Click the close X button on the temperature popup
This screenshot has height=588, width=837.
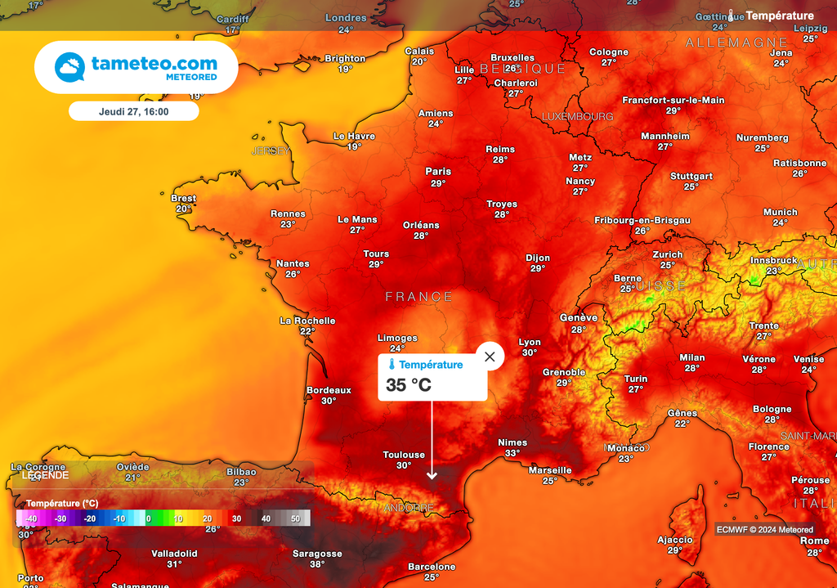pos(490,357)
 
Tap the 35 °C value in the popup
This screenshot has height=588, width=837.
pos(409,385)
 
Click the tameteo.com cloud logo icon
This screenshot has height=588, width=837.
pos(69,67)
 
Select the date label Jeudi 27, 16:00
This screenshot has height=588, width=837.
pos(133,111)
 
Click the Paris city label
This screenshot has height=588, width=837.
pos(438,172)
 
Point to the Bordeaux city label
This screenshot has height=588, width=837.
pos(329,390)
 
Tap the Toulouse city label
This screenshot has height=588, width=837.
pos(404,455)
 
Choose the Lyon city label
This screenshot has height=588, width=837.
pos(530,343)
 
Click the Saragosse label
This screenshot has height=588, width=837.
pos(317,554)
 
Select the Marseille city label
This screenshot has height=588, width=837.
pos(550,470)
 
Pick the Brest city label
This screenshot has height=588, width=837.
pos(183,198)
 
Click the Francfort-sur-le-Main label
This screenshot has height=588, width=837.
pos(674,101)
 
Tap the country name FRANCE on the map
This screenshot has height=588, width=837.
pos(418,297)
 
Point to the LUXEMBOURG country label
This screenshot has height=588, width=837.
pos(577,117)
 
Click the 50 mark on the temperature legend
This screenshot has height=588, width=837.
pos(295,518)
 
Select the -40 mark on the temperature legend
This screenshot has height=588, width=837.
pos(30,518)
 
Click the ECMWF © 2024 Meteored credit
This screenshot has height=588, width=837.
pos(765,529)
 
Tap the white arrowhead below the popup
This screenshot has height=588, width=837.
pos(432,475)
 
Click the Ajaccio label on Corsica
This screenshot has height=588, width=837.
pos(675,540)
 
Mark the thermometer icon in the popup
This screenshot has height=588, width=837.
pos(392,365)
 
